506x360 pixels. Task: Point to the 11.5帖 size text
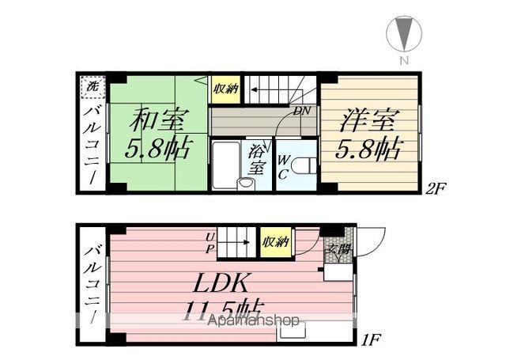point(225,310)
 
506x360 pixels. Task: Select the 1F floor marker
point(373,342)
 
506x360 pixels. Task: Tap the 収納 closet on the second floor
point(225,89)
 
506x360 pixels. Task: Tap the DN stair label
point(302,112)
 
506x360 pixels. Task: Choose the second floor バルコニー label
point(92,142)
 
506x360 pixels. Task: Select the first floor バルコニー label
point(92,289)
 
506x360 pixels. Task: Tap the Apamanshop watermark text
point(253,321)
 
